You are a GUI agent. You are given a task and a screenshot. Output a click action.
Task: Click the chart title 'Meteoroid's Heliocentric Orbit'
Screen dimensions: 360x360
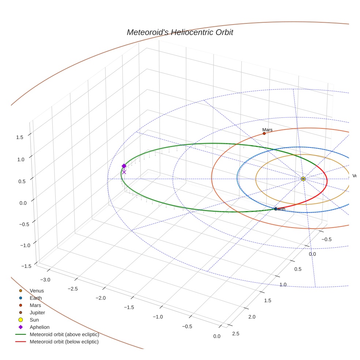click(x=180, y=33)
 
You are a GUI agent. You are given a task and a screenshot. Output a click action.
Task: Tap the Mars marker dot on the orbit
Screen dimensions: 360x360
click(x=264, y=134)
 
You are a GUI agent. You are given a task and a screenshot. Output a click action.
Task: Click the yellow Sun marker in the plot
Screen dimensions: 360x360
click(x=303, y=179)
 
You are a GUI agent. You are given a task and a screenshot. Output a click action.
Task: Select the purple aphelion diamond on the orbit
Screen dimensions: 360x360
click(x=124, y=166)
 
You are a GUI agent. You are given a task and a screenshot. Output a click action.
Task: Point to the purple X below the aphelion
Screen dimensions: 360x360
click(x=124, y=172)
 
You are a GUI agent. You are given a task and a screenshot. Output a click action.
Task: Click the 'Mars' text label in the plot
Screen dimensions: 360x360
click(x=267, y=130)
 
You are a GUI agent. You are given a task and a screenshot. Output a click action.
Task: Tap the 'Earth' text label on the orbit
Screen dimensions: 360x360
click(x=280, y=209)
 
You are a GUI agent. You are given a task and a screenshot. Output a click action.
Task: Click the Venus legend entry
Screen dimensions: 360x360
click(x=37, y=291)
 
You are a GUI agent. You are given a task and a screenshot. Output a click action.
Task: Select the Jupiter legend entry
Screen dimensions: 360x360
click(x=37, y=313)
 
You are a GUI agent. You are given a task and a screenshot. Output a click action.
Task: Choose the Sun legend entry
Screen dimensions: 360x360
click(x=34, y=320)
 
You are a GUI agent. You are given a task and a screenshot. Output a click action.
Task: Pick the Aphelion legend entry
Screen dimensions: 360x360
click(x=40, y=327)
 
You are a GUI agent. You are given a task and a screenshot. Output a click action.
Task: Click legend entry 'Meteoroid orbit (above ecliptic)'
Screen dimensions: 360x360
click(x=64, y=335)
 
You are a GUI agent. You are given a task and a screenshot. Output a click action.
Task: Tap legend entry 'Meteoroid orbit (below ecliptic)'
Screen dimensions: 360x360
click(x=64, y=342)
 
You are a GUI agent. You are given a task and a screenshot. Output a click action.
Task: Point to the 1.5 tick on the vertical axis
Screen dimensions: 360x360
click(x=20, y=137)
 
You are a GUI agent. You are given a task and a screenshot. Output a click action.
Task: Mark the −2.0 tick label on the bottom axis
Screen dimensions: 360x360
click(x=100, y=298)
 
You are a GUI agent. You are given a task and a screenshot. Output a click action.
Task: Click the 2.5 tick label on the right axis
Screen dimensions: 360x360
click(x=236, y=333)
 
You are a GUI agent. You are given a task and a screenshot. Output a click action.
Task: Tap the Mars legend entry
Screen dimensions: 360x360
click(x=35, y=305)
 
